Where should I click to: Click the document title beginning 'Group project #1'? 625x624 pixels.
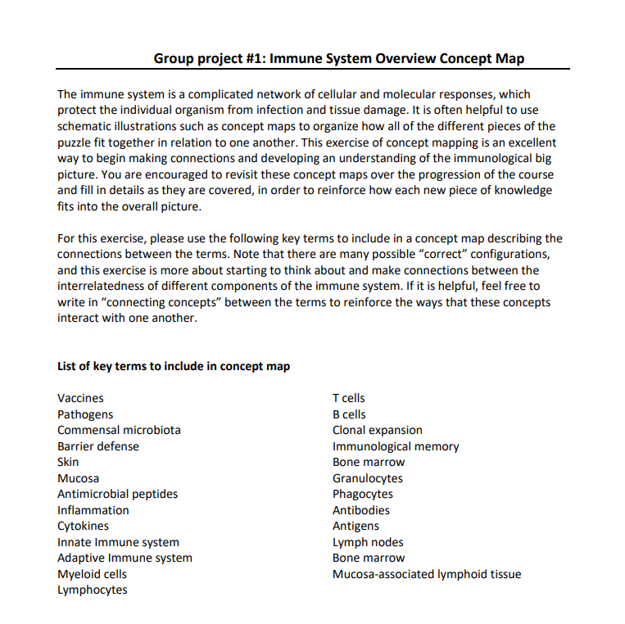338,58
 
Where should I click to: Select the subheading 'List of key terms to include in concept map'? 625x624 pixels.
174,366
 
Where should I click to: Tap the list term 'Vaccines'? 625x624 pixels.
80,398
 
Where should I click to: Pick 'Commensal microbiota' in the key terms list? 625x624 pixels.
119,430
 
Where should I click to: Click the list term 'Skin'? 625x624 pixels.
68,462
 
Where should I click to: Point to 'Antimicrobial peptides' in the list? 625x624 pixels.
117,494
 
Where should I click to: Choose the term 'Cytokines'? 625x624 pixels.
83,526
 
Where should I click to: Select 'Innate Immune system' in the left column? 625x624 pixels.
118,542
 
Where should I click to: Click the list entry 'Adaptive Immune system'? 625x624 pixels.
125,558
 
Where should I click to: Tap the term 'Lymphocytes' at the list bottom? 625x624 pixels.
92,590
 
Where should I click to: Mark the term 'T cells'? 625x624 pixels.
349,398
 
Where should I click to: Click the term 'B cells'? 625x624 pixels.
349,414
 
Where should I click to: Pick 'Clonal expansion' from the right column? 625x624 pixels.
378,430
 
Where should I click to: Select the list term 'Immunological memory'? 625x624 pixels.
396,446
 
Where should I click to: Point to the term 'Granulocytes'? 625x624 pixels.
368,478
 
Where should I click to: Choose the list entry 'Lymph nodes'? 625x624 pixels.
368,542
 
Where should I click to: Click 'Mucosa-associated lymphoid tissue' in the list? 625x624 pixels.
427,574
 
